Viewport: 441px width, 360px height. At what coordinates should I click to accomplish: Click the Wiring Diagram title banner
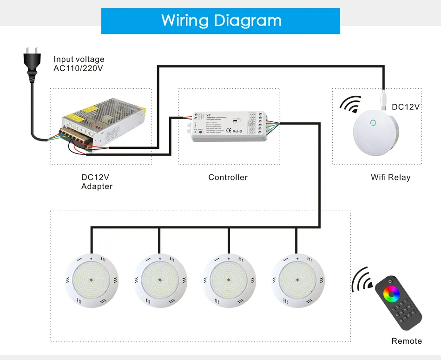click(x=221, y=21)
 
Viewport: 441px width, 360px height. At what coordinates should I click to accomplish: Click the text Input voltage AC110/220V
click(x=79, y=64)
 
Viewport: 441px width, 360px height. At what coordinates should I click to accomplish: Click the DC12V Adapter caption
click(x=97, y=182)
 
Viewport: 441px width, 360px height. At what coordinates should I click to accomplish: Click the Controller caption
click(x=228, y=177)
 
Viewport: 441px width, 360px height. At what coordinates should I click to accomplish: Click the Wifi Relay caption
click(x=390, y=177)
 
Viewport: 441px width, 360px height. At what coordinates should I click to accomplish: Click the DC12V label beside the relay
click(x=406, y=107)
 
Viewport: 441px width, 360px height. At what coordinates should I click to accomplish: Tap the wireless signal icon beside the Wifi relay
click(x=350, y=105)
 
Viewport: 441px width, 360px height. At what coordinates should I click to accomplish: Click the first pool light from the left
click(x=91, y=281)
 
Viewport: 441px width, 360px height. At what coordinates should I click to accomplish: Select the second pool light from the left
click(x=159, y=281)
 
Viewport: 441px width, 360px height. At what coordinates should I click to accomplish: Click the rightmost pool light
click(x=297, y=281)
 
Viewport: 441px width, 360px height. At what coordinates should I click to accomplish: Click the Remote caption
click(x=407, y=341)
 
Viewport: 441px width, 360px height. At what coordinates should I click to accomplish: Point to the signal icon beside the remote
click(x=362, y=280)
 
